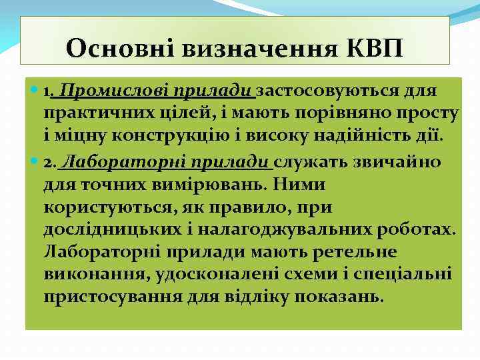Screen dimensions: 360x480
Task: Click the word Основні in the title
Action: pos(113,49)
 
